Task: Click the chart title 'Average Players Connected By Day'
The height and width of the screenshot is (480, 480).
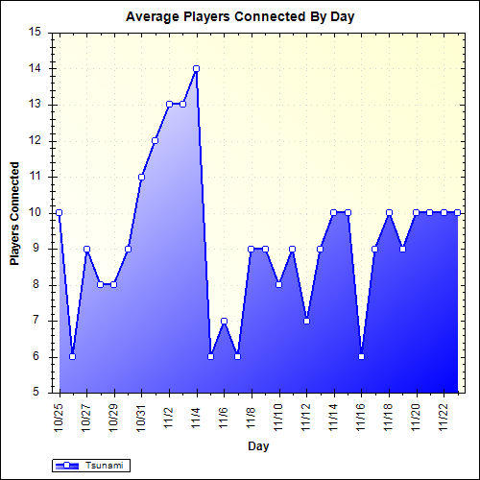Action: [240, 17]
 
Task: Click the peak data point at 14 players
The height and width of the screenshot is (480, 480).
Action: [196, 68]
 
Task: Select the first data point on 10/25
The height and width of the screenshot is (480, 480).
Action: [59, 212]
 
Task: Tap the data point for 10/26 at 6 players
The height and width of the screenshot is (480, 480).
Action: [72, 356]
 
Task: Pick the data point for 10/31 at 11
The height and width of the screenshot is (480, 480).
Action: [141, 177]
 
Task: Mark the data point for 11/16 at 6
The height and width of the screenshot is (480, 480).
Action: [362, 356]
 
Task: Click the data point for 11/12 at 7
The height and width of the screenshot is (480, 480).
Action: [306, 321]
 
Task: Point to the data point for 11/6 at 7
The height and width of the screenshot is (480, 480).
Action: [224, 321]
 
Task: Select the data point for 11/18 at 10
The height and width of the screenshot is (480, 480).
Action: [389, 212]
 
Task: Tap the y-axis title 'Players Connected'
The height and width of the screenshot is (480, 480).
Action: [14, 212]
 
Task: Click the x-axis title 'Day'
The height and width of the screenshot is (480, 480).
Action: [258, 445]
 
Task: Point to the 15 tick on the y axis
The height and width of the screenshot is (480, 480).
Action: [36, 32]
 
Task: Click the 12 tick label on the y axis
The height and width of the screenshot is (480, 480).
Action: [36, 140]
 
